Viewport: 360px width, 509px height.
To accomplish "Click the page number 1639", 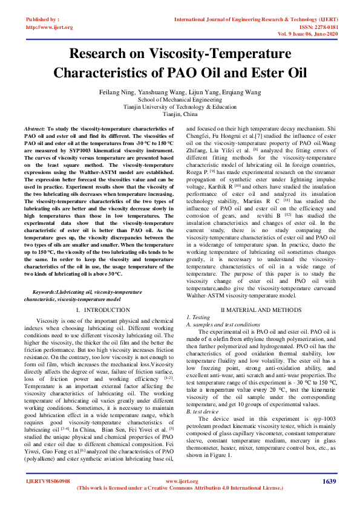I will [x=329, y=481].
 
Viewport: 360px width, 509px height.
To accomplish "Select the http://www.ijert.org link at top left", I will [x=49, y=27].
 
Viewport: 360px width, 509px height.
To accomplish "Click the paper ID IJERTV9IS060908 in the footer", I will [x=48, y=482].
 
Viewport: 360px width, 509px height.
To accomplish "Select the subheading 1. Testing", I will [x=198, y=317].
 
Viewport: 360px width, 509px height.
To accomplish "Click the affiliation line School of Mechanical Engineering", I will [x=180, y=99].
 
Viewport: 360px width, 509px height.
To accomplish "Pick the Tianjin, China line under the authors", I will [x=180, y=114].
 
